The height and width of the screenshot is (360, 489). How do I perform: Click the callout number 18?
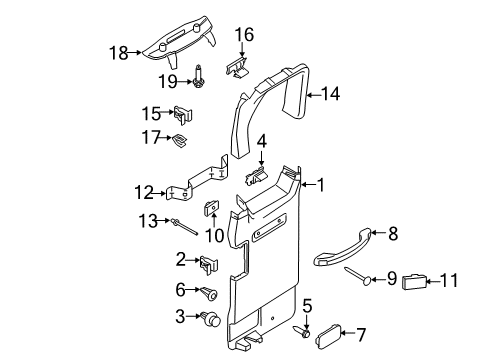pos(119,53)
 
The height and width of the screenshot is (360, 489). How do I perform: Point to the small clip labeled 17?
pos(181,139)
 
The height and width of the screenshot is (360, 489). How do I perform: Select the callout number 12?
pos(143,191)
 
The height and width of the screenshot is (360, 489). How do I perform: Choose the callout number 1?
pos(322,185)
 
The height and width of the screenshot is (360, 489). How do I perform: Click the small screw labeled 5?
pos(306,331)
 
